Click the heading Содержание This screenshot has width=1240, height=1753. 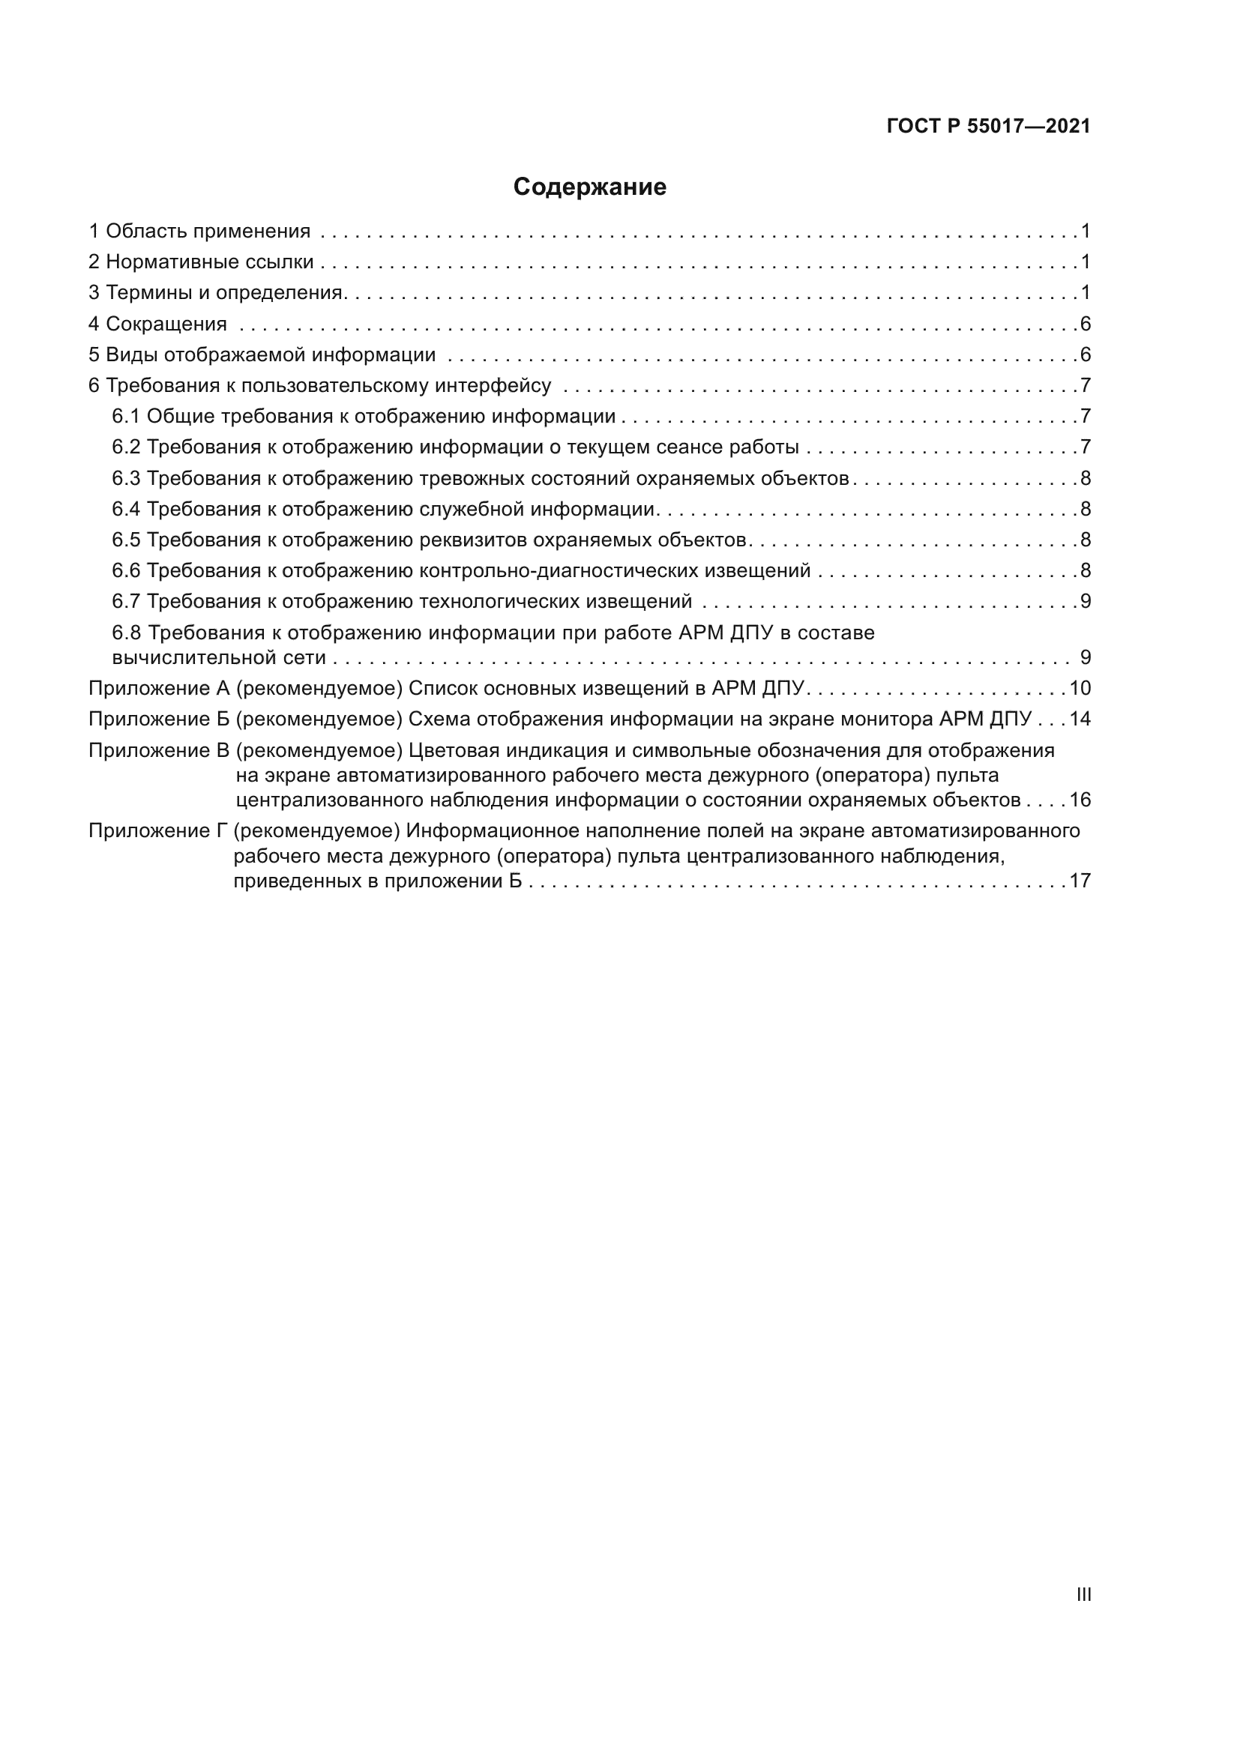589,187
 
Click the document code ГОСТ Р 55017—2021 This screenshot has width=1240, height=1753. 989,126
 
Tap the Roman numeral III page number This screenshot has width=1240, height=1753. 1083,1594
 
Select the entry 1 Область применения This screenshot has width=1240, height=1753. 200,231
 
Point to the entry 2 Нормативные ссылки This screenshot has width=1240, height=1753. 202,262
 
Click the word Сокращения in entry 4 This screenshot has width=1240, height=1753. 166,324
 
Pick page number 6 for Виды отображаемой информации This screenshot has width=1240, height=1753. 1085,354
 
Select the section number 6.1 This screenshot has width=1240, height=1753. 126,416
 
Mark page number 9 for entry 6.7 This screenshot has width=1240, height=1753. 1085,601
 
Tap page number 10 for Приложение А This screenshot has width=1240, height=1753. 1080,688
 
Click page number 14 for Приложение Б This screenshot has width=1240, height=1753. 1080,719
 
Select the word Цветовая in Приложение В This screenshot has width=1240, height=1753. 451,750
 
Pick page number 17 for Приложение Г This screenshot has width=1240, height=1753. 1080,881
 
